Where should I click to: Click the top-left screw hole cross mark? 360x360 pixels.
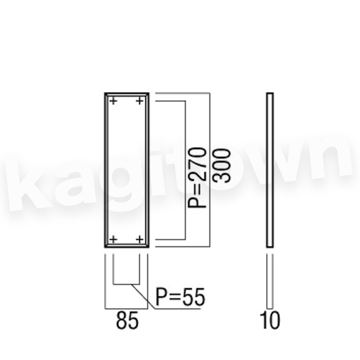click(x=113, y=101)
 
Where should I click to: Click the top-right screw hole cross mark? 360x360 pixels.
click(x=140, y=101)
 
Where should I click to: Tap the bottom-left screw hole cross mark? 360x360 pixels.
click(x=113, y=240)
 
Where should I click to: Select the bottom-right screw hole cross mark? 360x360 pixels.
click(x=140, y=240)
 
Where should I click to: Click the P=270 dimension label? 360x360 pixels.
click(x=197, y=178)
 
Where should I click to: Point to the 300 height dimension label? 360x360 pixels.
click(x=221, y=166)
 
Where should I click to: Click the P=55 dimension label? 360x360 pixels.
click(x=180, y=297)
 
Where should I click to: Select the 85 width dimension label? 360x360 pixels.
click(x=127, y=320)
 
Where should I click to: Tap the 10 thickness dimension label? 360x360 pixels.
click(x=270, y=320)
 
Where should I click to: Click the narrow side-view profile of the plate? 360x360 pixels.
click(x=270, y=170)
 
